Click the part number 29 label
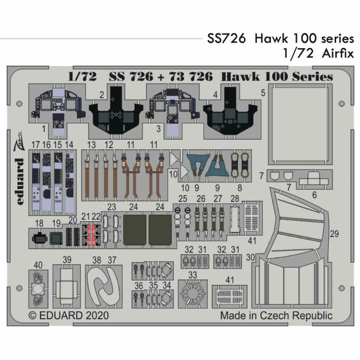click(334, 234)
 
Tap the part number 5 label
click(263, 93)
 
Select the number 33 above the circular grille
click(192, 275)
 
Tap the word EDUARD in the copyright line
click(60, 315)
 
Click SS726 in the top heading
click(226, 38)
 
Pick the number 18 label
click(39, 223)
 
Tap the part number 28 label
click(235, 199)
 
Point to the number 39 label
click(67, 260)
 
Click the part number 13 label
click(91, 144)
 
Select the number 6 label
click(314, 194)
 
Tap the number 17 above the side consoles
click(35, 144)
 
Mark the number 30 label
click(250, 257)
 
